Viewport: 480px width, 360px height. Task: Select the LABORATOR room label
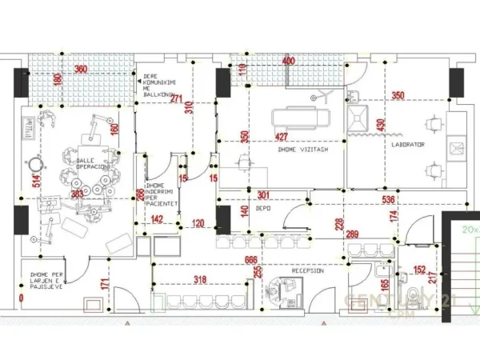[408, 145]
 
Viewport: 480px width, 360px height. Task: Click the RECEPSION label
[307, 271]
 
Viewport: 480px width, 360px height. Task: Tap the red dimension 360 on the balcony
[81, 70]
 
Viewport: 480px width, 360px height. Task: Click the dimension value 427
[282, 137]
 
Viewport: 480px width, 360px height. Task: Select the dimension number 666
[251, 260]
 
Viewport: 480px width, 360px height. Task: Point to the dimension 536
[390, 199]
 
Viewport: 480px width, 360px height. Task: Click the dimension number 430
[381, 126]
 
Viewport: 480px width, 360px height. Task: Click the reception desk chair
[278, 286]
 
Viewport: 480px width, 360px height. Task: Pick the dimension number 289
[352, 234]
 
